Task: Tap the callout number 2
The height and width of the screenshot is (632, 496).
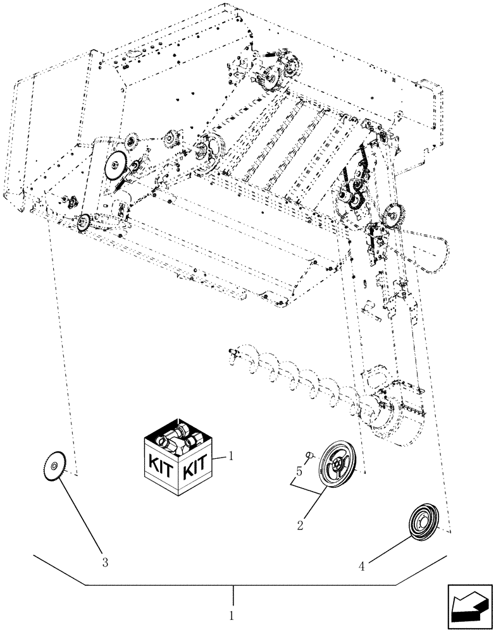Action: click(x=300, y=524)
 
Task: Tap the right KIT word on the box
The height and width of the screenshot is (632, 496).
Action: click(x=194, y=470)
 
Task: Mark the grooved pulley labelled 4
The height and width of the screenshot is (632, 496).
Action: click(x=421, y=521)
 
